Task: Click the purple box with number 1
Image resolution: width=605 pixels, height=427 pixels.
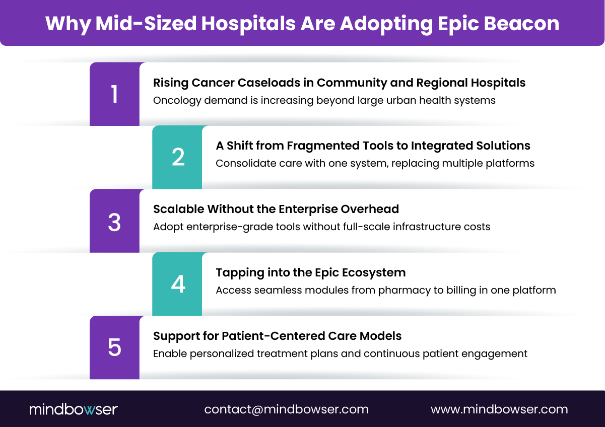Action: pos(114,94)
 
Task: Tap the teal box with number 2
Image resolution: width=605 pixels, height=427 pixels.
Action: pos(177,158)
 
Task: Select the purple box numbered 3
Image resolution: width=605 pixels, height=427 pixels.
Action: pos(114,221)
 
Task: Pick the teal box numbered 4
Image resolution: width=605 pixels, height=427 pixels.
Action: pos(177,284)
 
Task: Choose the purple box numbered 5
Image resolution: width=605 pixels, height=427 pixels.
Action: pos(114,348)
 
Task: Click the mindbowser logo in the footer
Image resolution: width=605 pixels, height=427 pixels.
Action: pos(74,409)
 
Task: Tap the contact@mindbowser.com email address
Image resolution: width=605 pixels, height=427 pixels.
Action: pos(286,409)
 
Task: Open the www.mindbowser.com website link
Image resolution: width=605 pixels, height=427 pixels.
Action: pos(499,409)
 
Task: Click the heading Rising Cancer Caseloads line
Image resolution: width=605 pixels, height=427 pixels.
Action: pos(339,83)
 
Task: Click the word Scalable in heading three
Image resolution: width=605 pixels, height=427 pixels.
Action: pos(178,209)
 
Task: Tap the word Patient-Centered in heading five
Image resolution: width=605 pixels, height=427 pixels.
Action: pos(260,336)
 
